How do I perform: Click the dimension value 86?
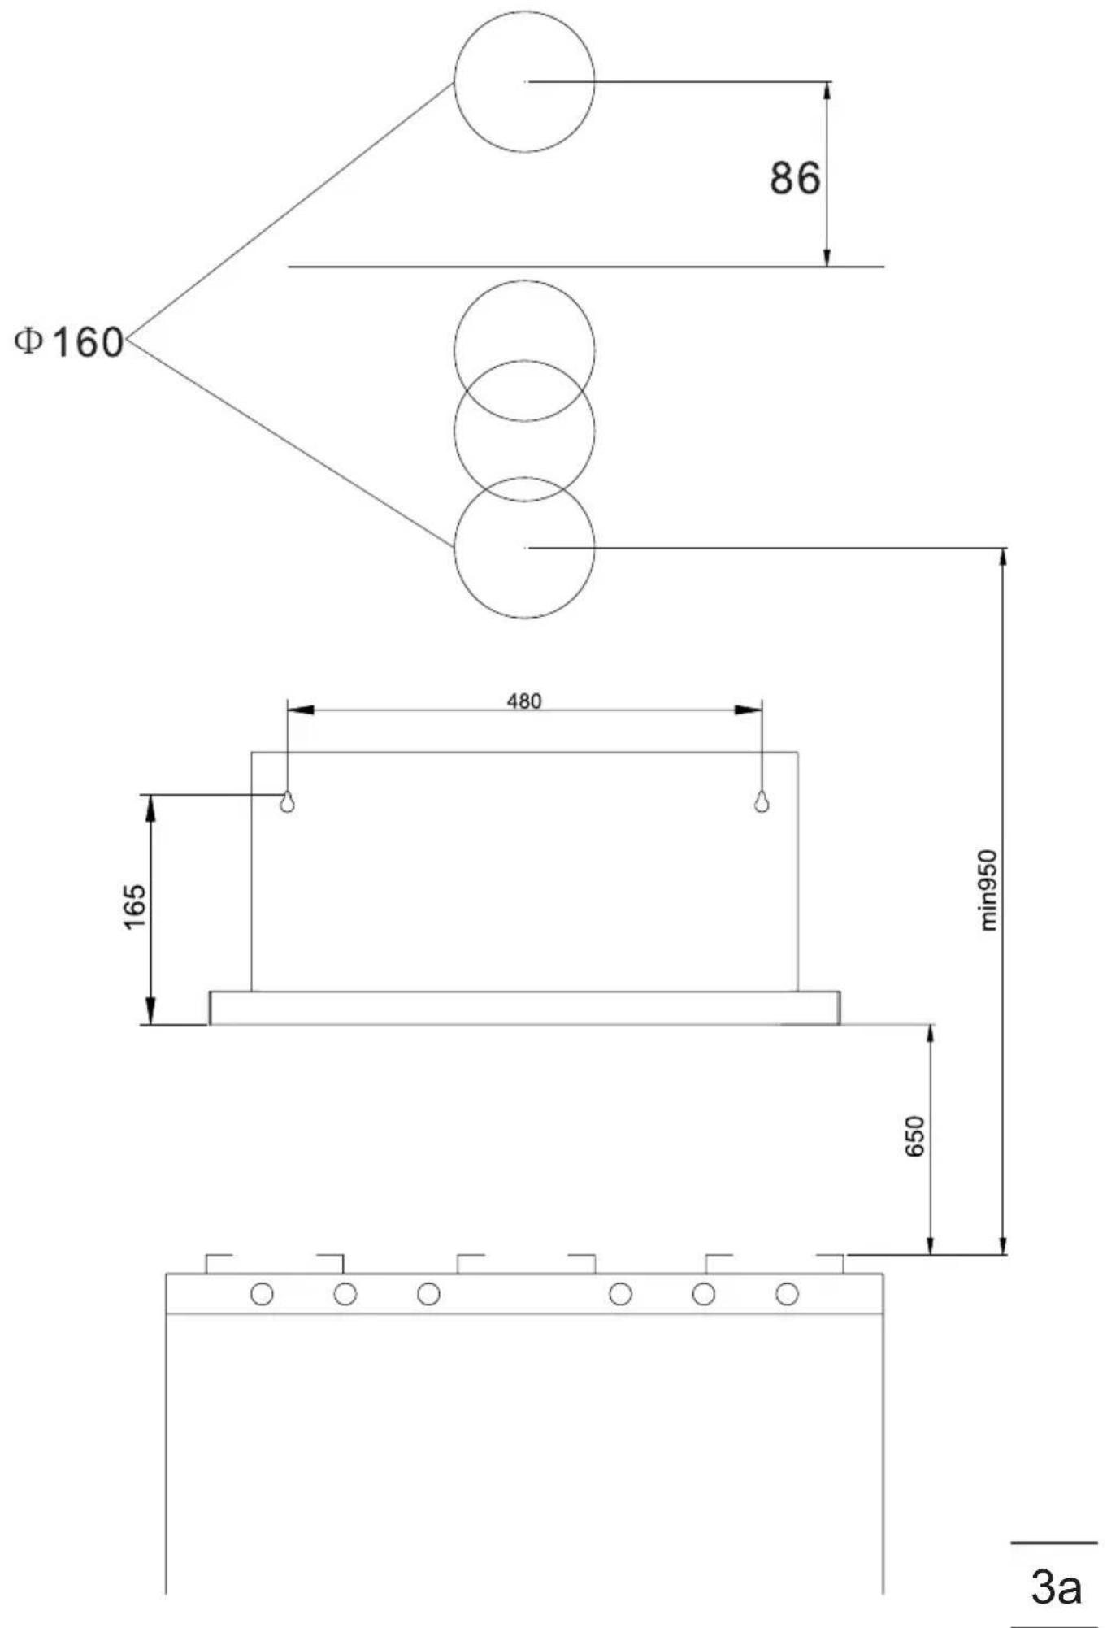(x=795, y=178)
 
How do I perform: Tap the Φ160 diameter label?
(x=70, y=342)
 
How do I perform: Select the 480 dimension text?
(x=524, y=701)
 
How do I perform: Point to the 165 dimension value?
(x=135, y=906)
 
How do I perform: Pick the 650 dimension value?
(x=914, y=1137)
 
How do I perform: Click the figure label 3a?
(x=1056, y=1586)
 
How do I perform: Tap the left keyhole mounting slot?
(x=287, y=801)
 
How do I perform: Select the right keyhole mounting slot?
(x=761, y=801)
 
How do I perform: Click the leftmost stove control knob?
(x=262, y=1294)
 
